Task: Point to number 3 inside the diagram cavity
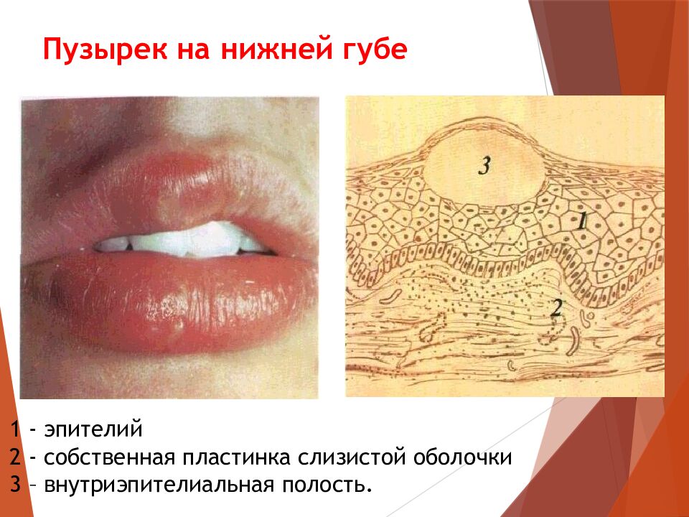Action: point(484,166)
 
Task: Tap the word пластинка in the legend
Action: point(248,457)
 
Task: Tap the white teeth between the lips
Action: point(187,242)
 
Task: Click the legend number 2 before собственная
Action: point(15,457)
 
